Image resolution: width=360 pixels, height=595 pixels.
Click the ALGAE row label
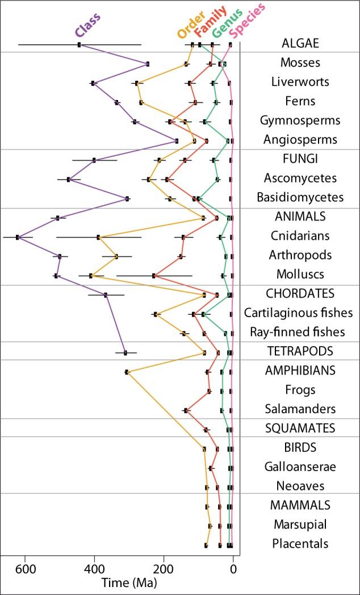(x=300, y=43)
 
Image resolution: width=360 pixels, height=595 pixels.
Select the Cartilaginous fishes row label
(x=298, y=313)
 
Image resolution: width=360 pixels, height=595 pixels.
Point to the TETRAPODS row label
(x=300, y=351)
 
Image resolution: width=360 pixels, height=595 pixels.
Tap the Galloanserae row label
(x=300, y=467)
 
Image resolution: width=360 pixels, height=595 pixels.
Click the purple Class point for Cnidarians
(x=18, y=237)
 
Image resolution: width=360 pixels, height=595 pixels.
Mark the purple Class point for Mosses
(x=148, y=64)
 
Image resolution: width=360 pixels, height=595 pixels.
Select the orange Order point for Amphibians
(x=127, y=372)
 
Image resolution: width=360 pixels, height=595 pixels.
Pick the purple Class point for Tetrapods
(x=125, y=353)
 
